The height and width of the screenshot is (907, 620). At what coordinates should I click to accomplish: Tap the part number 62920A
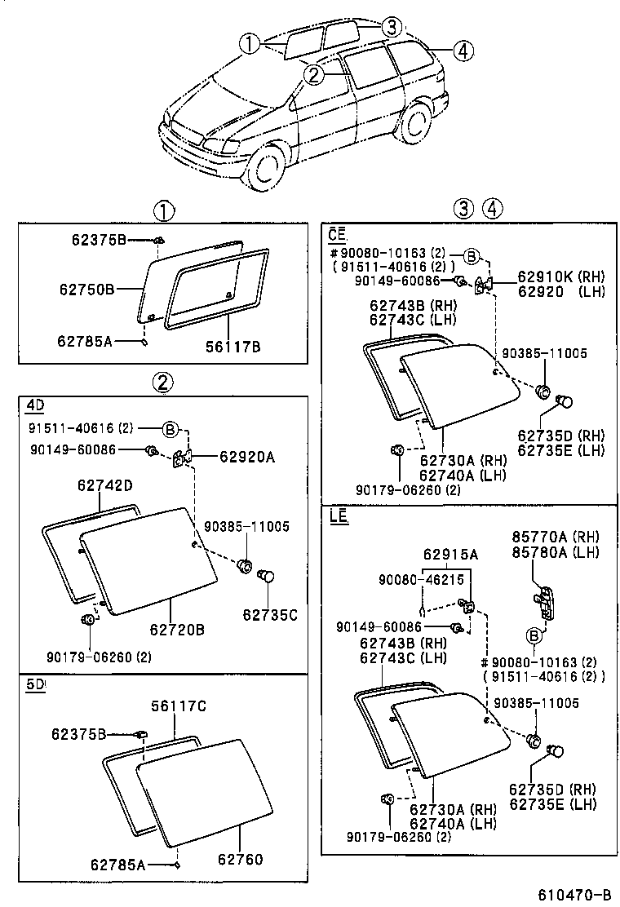(x=246, y=458)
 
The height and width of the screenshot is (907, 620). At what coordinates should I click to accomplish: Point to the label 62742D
(x=105, y=486)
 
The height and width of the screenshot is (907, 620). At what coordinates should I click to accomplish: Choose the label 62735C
(x=268, y=615)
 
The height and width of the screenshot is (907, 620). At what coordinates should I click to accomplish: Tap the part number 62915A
(x=450, y=555)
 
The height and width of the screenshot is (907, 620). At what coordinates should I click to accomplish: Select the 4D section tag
(x=34, y=405)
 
